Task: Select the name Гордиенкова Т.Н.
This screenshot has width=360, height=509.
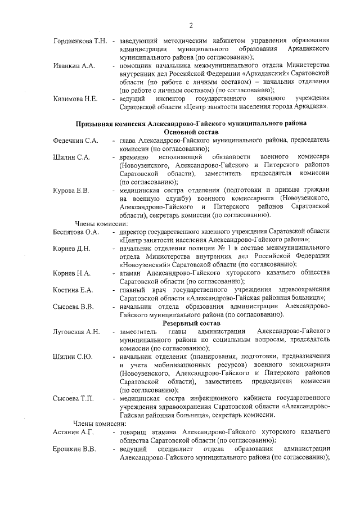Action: [80, 42]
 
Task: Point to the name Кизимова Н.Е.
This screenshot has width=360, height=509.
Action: [75, 99]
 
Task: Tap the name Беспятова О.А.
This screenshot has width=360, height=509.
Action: [76, 231]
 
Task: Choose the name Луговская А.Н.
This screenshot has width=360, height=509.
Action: [76, 332]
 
